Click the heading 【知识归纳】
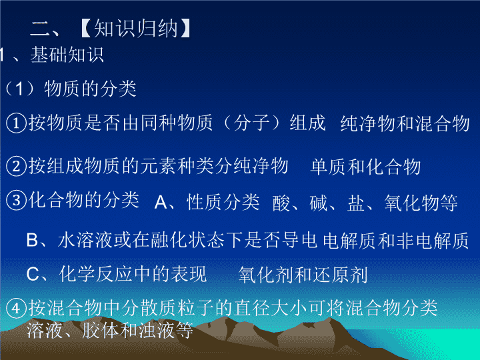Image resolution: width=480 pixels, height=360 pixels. coord(136,29)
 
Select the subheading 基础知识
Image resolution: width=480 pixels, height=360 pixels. coord(67,55)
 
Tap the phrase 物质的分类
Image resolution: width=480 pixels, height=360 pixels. coord(90,89)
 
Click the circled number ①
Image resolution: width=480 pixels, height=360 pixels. coord(16,123)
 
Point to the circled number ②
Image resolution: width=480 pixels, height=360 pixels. coord(16,167)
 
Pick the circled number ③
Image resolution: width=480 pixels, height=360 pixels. coord(16,201)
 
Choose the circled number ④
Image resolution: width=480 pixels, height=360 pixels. coord(16,308)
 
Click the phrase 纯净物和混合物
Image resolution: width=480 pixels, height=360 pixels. coord(405,124)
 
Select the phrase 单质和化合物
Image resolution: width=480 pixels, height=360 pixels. coord(365,167)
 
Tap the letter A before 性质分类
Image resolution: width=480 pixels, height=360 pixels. coord(161,203)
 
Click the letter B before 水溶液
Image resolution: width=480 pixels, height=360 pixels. coord(32,240)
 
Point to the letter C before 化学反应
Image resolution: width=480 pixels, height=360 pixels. coord(32,274)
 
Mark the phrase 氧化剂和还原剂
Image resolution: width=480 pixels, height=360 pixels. coord(303,275)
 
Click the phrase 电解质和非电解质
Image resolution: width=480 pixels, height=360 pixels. coord(396,240)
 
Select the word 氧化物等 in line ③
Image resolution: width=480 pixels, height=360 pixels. coord(421,203)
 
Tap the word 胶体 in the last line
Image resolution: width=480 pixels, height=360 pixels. coord(101,330)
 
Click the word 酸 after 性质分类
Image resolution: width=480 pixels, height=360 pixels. coord(281,203)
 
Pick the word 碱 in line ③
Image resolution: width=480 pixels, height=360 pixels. coord(319,203)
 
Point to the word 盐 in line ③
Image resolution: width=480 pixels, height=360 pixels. coord(356,203)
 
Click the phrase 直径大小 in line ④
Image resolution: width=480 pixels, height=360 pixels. coord(271,307)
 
